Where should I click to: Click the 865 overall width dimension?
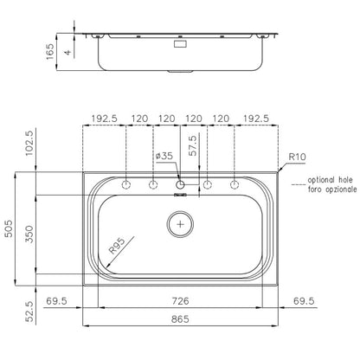(x=180, y=319)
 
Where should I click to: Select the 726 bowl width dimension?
(x=180, y=301)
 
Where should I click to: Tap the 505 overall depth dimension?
(x=10, y=228)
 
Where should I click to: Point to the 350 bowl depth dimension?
(x=29, y=235)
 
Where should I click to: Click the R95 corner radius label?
(x=117, y=246)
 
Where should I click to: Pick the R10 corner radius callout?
(x=297, y=157)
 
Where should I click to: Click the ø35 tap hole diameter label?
(x=164, y=156)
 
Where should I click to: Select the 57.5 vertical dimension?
(x=193, y=145)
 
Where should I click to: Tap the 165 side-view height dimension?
(x=50, y=52)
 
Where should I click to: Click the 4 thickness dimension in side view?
(x=67, y=52)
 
